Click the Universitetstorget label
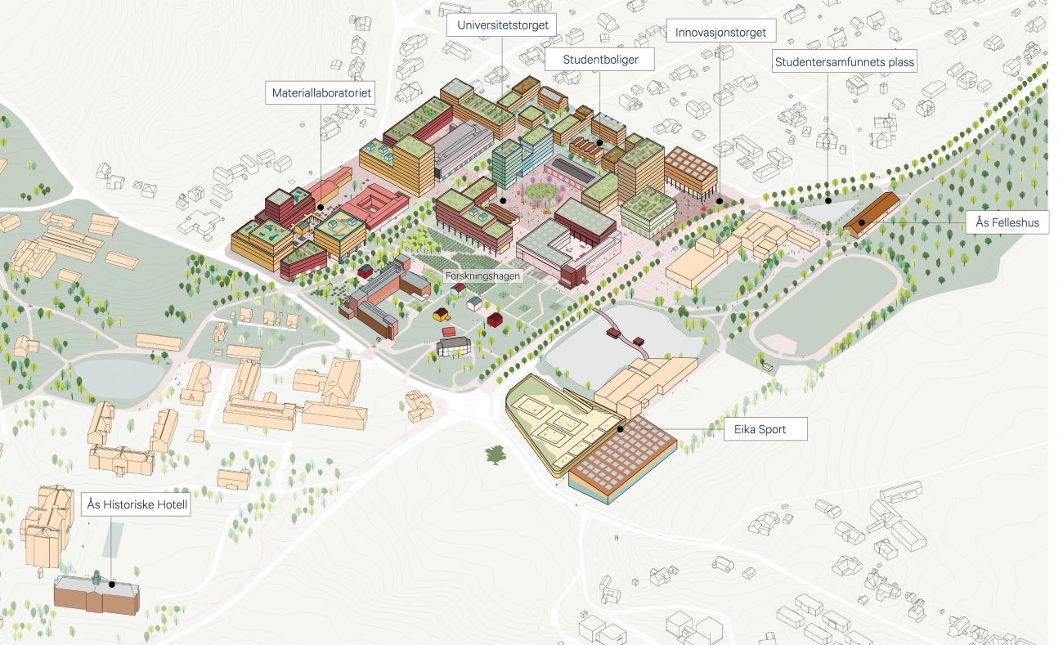[502, 25]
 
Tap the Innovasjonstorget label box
[720, 33]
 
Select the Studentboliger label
[600, 60]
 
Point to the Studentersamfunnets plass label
[845, 61]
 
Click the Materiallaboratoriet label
[321, 93]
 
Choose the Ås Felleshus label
[1007, 222]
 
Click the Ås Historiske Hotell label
[137, 505]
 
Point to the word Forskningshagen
[482, 276]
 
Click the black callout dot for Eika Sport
[621, 428]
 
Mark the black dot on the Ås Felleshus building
[861, 222]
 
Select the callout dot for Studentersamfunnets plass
[828, 199]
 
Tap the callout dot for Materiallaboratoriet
[321, 208]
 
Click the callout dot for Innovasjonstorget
[720, 200]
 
